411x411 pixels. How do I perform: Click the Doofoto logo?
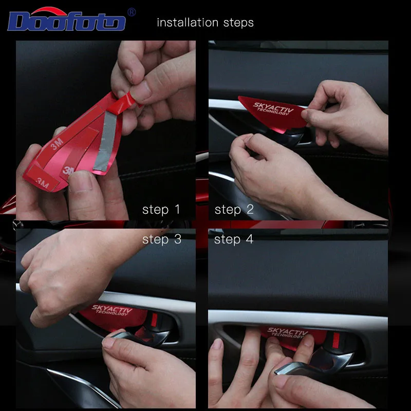(x=67, y=19)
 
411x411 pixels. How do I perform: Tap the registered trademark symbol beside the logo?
(x=132, y=12)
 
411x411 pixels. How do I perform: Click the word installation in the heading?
(x=188, y=23)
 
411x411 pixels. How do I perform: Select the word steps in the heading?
(x=238, y=23)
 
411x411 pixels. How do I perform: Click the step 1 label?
(x=161, y=210)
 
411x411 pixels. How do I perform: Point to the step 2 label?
(x=234, y=210)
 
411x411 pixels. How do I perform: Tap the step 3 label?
(x=162, y=239)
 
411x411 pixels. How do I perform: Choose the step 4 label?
(x=234, y=239)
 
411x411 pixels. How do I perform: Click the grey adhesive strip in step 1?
(x=106, y=142)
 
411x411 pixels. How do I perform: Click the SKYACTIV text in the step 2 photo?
(x=273, y=107)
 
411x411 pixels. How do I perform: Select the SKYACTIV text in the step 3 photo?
(x=111, y=309)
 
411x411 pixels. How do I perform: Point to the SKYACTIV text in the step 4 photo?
(x=287, y=331)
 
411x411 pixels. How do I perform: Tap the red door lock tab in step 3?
(x=154, y=320)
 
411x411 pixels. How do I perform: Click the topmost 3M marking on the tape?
(x=57, y=144)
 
